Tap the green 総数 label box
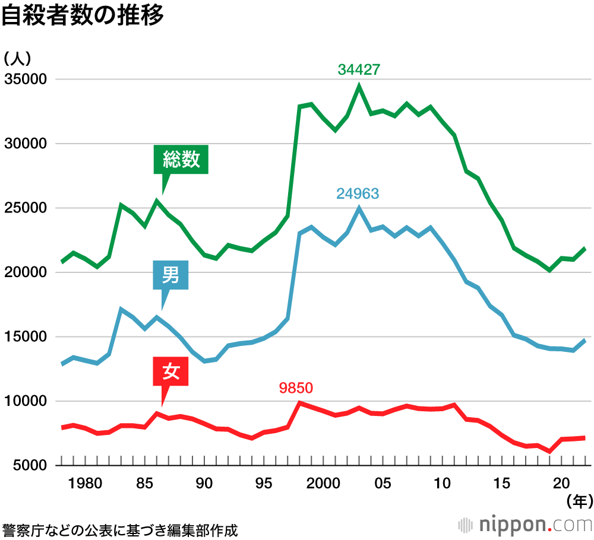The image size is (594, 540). click(x=181, y=159)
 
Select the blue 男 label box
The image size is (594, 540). click(x=170, y=275)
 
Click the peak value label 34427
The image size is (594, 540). click(x=359, y=69)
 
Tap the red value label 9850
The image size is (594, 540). click(x=296, y=388)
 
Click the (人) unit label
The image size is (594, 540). click(x=18, y=58)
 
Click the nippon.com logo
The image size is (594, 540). click(x=525, y=525)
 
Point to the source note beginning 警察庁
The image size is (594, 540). click(x=119, y=530)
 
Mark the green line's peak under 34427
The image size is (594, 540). click(x=359, y=87)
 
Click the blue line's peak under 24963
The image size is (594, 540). click(x=359, y=208)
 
